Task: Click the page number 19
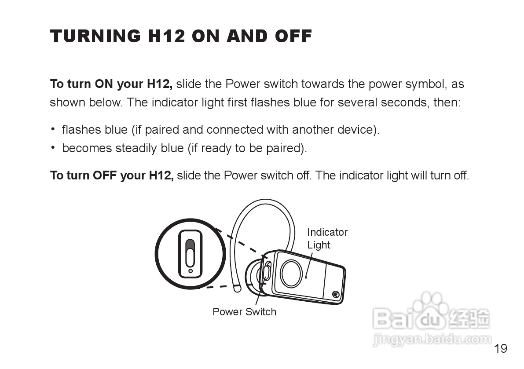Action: (x=500, y=349)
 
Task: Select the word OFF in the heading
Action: (x=293, y=36)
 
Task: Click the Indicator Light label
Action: (x=327, y=239)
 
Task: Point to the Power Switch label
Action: (x=244, y=312)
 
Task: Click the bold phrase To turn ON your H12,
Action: (x=111, y=84)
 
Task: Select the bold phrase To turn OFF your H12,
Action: (x=112, y=175)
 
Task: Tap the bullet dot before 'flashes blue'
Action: (x=53, y=129)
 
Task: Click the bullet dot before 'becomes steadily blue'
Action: (x=53, y=148)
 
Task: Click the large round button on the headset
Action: (x=291, y=273)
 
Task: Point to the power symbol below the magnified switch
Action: (x=190, y=271)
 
